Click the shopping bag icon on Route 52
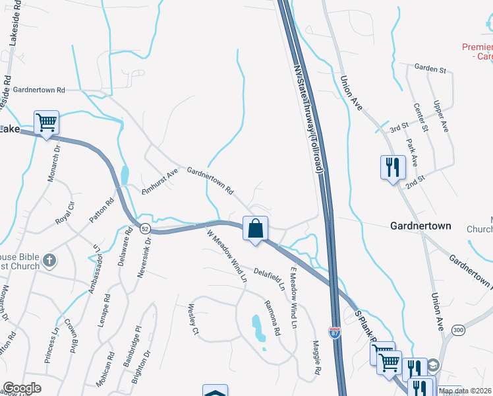(x=256, y=228)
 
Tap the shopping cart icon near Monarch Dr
(x=46, y=122)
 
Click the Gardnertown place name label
(x=420, y=226)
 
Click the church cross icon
(x=49, y=261)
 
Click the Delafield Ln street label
(x=270, y=278)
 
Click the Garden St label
(x=430, y=68)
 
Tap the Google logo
(x=22, y=388)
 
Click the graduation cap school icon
(x=433, y=365)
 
